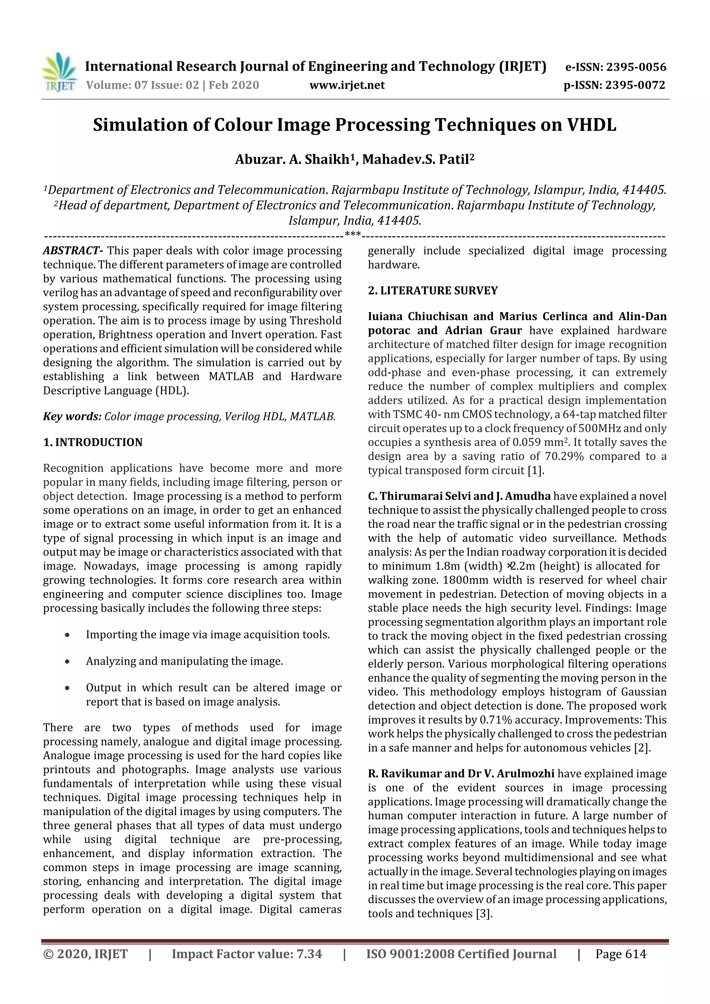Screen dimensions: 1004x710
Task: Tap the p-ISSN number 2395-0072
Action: [635, 85]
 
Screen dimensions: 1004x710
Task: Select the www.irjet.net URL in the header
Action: [347, 85]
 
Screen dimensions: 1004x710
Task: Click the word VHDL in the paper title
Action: [591, 125]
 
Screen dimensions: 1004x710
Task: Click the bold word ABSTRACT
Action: [72, 251]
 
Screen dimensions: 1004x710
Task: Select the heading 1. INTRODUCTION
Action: [93, 443]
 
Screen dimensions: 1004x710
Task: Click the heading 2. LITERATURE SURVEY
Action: [433, 291]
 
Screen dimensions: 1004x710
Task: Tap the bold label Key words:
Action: [72, 417]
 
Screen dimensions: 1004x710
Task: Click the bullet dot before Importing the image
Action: [67, 635]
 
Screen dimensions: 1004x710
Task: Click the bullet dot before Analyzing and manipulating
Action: [67, 662]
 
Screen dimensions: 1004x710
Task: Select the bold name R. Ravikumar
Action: [404, 774]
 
